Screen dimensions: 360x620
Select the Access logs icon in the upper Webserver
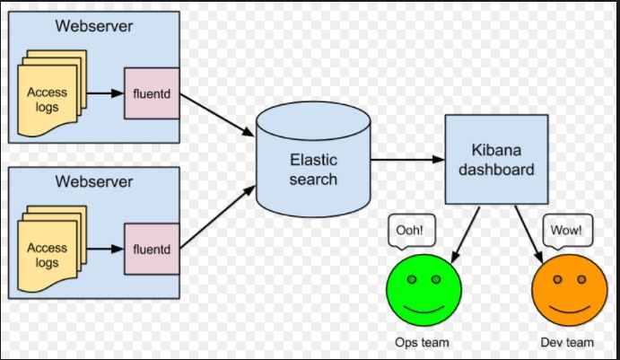[50, 98]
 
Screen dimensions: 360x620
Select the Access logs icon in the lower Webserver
[50, 251]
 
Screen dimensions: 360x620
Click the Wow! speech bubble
[567, 231]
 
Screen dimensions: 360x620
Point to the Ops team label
[422, 342]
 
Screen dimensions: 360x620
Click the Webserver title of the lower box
[94, 181]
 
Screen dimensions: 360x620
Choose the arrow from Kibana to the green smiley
[464, 232]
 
